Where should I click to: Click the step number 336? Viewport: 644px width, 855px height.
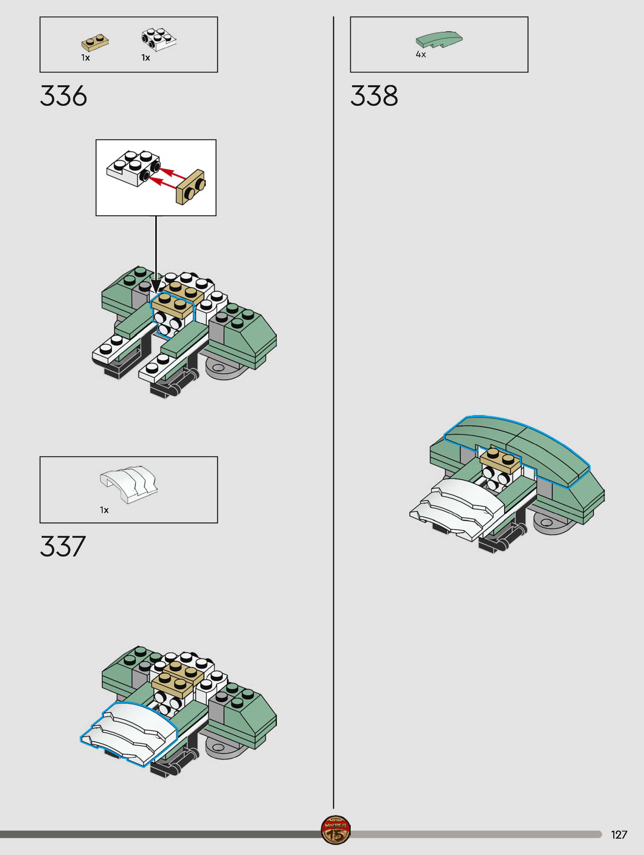coord(63,96)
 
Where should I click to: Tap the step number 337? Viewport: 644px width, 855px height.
coord(63,546)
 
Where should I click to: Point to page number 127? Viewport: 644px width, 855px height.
coord(619,835)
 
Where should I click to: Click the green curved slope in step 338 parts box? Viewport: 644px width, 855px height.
coord(439,39)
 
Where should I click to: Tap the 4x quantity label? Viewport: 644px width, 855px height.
coord(421,55)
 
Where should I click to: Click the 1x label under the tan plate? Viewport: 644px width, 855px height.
coord(86,58)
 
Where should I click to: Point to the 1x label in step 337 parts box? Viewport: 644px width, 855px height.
coord(104,510)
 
